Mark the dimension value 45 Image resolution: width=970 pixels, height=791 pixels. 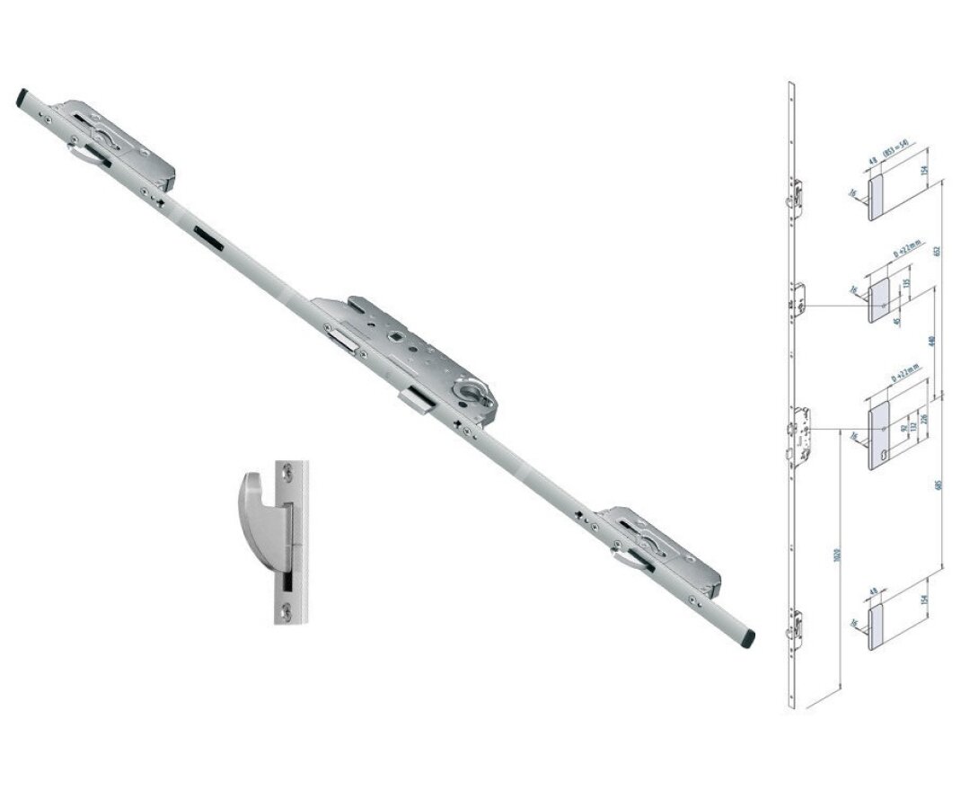pos(896,319)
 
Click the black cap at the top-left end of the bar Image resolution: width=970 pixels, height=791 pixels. pos(22,96)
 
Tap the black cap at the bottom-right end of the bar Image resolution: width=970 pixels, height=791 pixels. pos(748,638)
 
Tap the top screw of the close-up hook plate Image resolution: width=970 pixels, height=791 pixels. pos(288,470)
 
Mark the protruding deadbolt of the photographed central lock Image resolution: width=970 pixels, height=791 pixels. pos(417,401)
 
